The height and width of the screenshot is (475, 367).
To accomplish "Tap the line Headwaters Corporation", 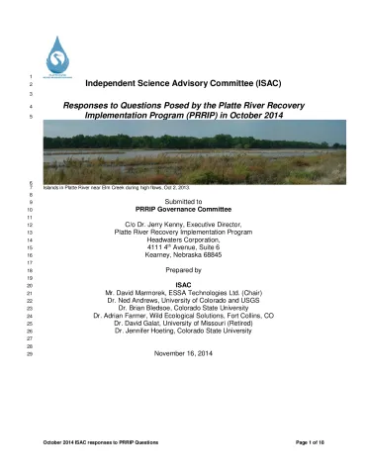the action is [x=182, y=240].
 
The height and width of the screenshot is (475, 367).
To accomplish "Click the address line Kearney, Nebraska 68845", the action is [x=182, y=258].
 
